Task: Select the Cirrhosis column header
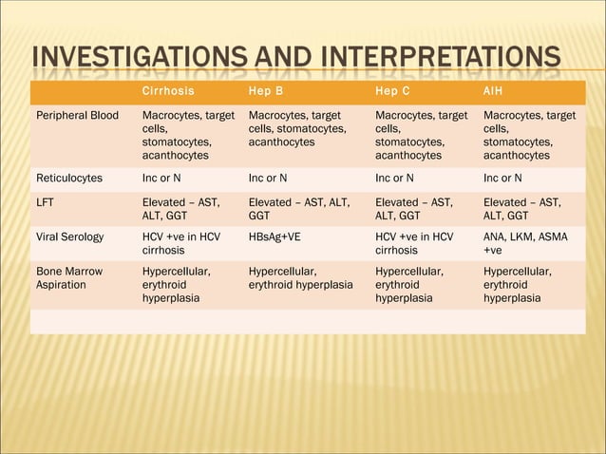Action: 168,92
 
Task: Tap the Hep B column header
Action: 265,92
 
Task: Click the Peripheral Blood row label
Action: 77,116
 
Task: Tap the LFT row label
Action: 46,201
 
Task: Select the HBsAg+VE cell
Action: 275,236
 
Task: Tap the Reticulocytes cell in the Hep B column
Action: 267,178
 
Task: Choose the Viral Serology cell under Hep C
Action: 414,243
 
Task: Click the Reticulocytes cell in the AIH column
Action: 503,178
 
